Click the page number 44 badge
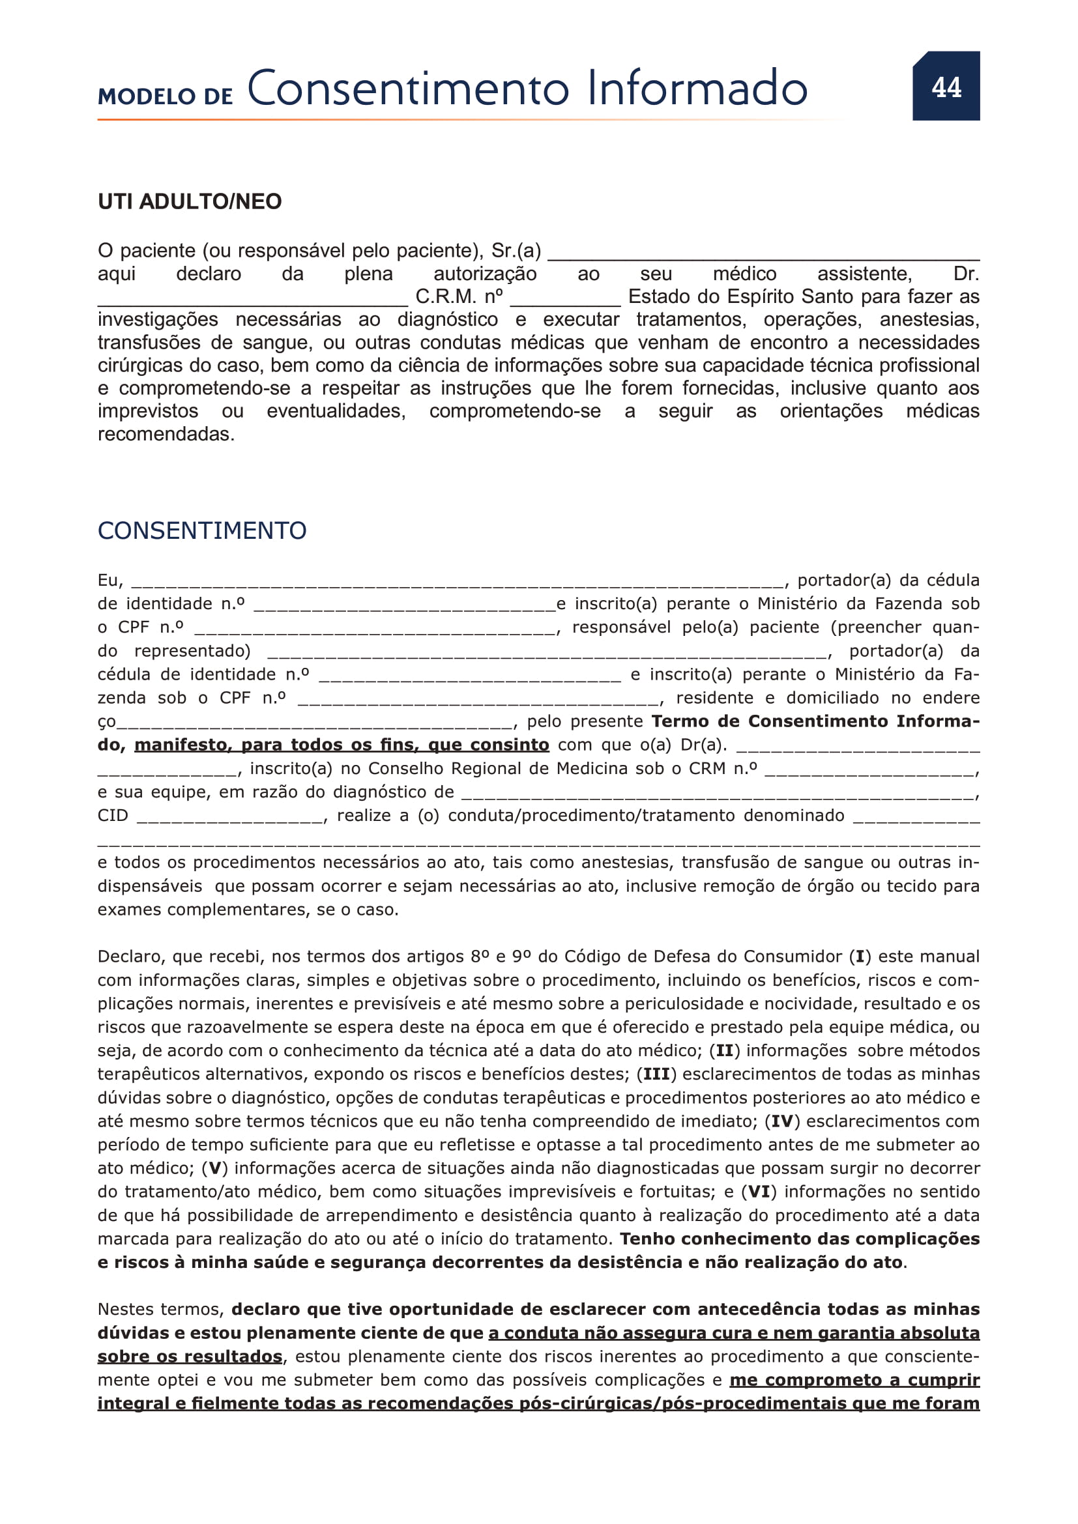(x=946, y=86)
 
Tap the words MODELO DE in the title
(x=166, y=97)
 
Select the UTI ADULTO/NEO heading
(x=190, y=202)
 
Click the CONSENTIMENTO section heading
(x=202, y=531)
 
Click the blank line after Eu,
(x=458, y=582)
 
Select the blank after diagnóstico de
(x=717, y=794)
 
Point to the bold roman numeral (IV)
(x=783, y=1122)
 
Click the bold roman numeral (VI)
(x=759, y=1192)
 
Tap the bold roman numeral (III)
(x=656, y=1074)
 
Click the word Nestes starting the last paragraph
(x=129, y=1310)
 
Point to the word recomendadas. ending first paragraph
(x=166, y=435)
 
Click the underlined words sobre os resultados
(x=190, y=1357)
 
